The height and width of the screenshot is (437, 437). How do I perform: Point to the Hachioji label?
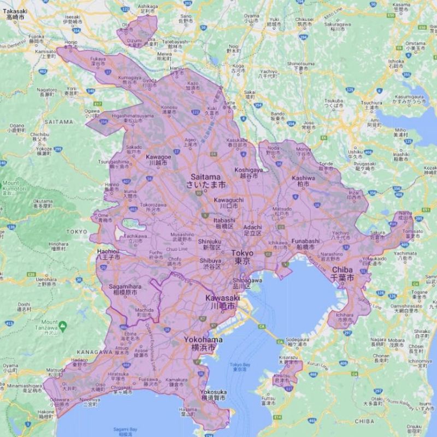pos(104,251)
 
